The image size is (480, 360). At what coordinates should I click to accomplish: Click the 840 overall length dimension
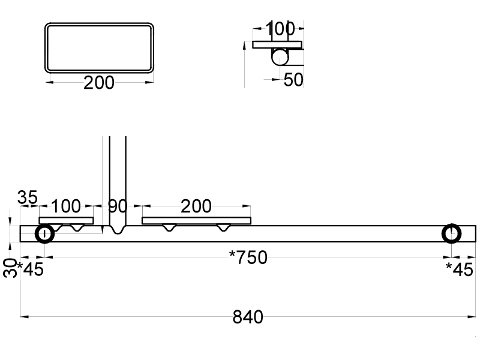click(x=248, y=317)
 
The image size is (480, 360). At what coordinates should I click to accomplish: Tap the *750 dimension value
click(x=248, y=257)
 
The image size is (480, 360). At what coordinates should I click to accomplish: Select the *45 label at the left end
click(x=30, y=269)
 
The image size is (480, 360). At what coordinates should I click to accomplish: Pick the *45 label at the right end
click(x=460, y=269)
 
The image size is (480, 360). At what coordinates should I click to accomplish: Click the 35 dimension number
click(x=28, y=197)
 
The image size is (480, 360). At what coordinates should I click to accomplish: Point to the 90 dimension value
click(x=118, y=206)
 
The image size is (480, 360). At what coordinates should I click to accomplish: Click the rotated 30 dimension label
click(x=10, y=268)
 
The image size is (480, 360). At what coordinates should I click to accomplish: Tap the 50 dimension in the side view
click(x=293, y=80)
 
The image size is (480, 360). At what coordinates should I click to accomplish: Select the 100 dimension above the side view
click(x=280, y=29)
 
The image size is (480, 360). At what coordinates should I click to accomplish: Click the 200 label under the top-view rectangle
click(x=99, y=83)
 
